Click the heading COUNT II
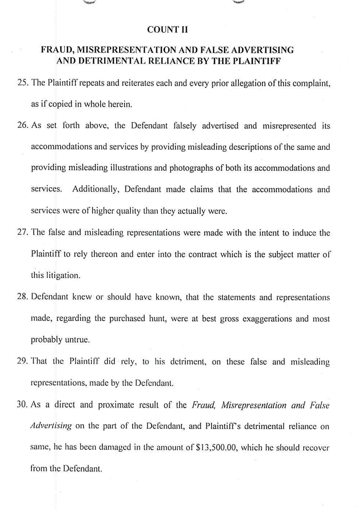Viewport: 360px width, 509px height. coord(167,30)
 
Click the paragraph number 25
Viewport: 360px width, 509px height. coord(23,83)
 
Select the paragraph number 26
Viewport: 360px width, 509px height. coord(23,125)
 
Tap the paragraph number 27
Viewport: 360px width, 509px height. coord(23,233)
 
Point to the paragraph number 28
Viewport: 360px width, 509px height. coord(23,297)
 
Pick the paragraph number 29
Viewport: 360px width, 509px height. coord(23,362)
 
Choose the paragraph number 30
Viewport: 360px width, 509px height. coord(23,405)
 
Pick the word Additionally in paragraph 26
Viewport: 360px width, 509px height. coord(96,189)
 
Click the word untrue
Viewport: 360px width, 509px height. coord(77,340)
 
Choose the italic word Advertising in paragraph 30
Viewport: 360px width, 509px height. coord(51,426)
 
